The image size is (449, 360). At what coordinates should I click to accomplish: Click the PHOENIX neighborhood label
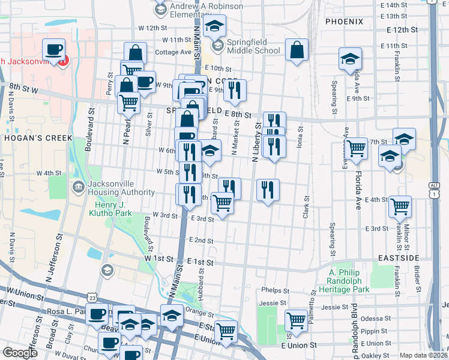(x=344, y=22)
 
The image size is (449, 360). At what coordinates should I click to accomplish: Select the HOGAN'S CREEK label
(x=30, y=137)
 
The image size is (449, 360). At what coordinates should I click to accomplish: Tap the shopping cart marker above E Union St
(x=226, y=331)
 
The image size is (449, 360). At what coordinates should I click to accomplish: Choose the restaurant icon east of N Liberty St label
(x=268, y=190)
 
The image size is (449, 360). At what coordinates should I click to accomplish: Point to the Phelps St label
(x=275, y=290)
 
